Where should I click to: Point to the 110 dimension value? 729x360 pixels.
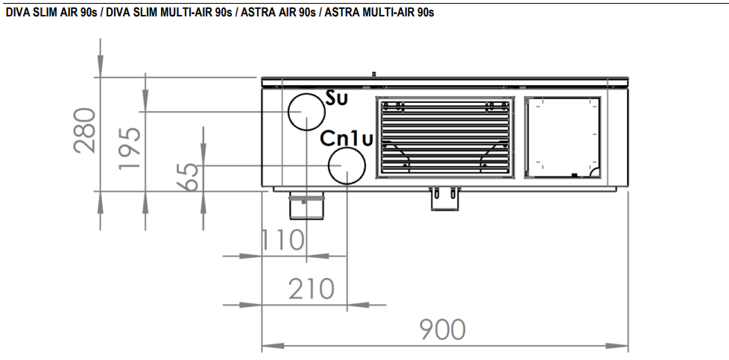pyautogui.click(x=283, y=240)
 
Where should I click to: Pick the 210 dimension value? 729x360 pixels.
pyautogui.click(x=312, y=288)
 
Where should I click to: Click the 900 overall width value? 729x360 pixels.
pyautogui.click(x=441, y=329)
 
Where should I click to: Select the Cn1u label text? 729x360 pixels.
pyautogui.click(x=347, y=139)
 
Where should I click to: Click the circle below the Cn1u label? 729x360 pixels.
pyautogui.click(x=347, y=165)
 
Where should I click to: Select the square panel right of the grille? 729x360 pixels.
pyautogui.click(x=563, y=138)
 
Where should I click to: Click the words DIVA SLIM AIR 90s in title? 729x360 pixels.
pyautogui.click(x=50, y=13)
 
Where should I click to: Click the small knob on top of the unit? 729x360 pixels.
pyautogui.click(x=373, y=73)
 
